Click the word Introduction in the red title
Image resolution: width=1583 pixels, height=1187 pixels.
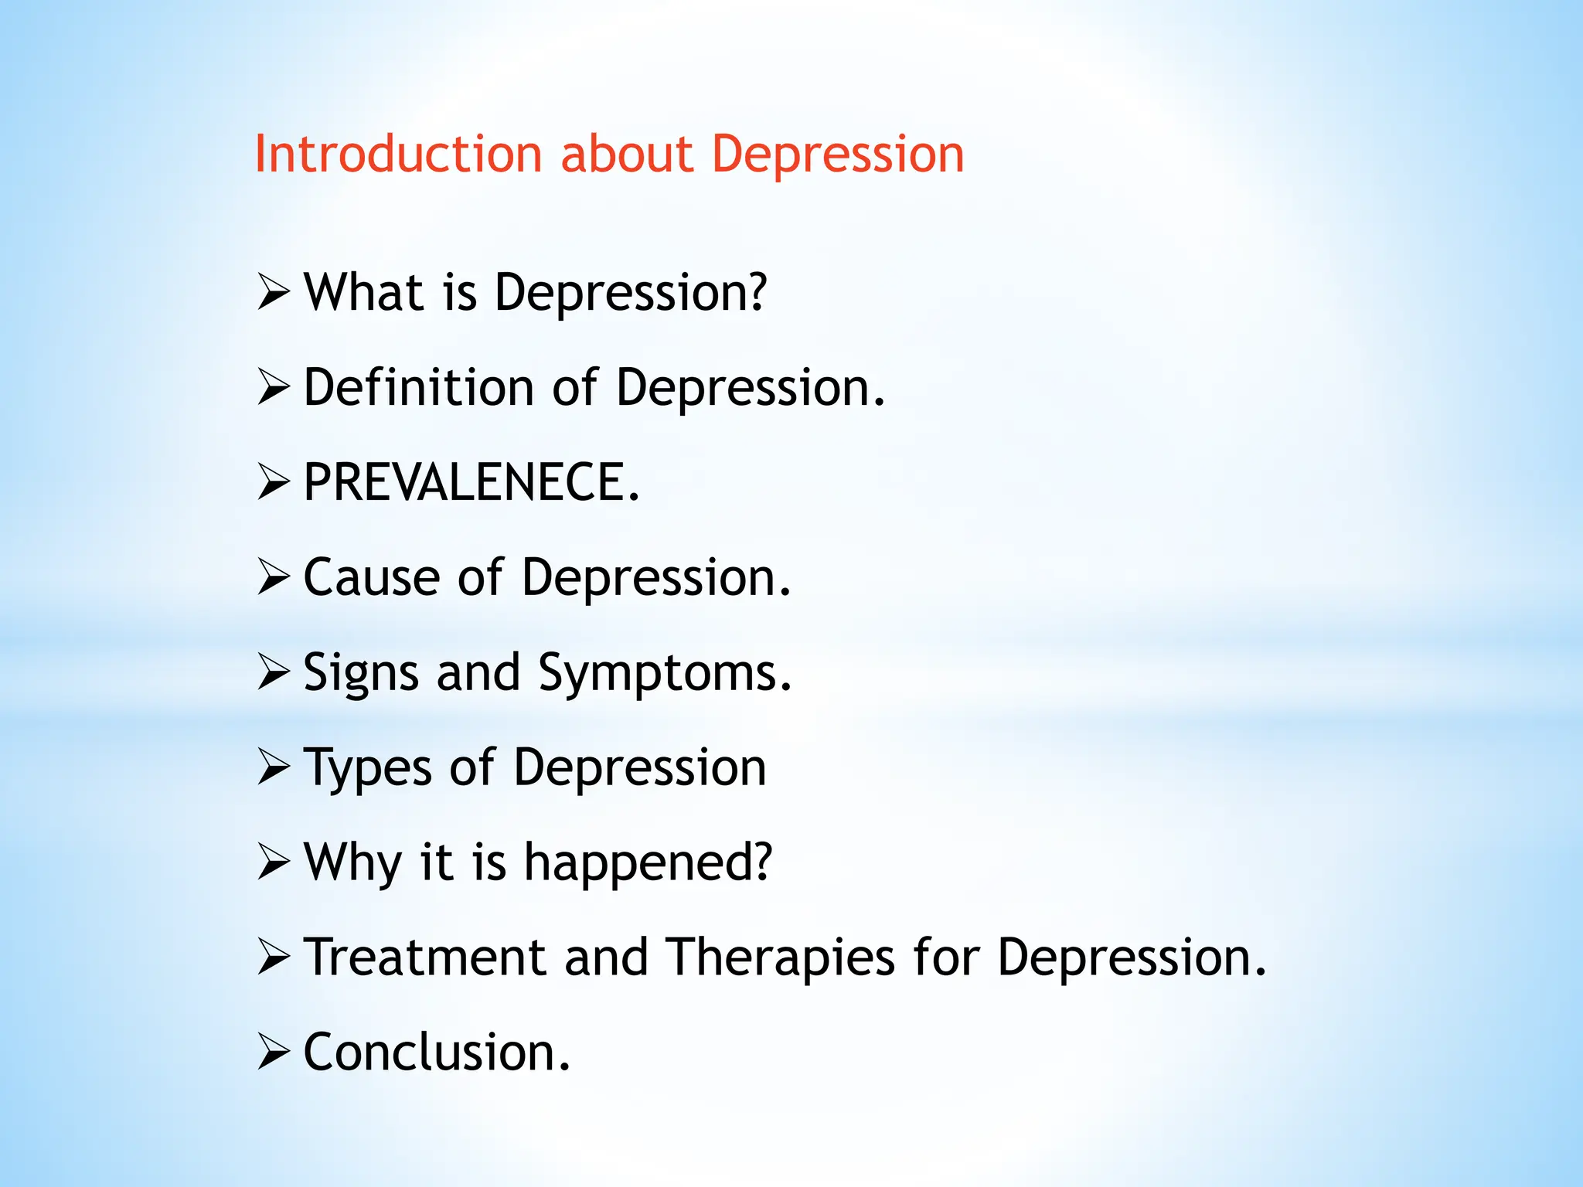tap(397, 154)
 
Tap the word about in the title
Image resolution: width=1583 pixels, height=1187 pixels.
tap(626, 154)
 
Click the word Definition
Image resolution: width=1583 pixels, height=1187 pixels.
tap(418, 387)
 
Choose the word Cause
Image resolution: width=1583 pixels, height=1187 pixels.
tap(372, 577)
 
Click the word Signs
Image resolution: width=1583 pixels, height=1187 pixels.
tap(361, 672)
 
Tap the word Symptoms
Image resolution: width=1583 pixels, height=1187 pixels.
tap(665, 672)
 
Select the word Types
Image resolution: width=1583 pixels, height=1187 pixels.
tap(367, 769)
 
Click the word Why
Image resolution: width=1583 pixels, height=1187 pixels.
tap(352, 862)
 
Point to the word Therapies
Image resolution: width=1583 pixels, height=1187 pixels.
tap(781, 957)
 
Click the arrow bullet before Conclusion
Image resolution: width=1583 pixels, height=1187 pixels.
tap(273, 1053)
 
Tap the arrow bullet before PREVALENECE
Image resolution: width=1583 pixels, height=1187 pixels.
tap(273, 483)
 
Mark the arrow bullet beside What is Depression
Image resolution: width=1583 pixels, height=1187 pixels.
tap(273, 293)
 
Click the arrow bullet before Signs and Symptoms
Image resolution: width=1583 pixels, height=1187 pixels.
tap(273, 672)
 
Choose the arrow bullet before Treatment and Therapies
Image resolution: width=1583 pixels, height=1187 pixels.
tap(273, 957)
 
